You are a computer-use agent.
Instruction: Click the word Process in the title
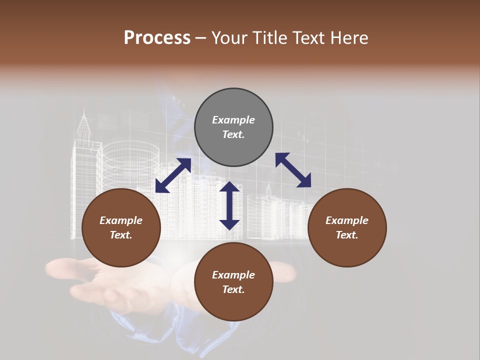click(157, 38)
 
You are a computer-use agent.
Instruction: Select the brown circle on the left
click(121, 227)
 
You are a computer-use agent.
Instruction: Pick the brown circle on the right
click(347, 227)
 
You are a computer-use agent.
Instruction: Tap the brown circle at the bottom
click(233, 282)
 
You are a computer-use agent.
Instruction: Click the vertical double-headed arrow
click(229, 206)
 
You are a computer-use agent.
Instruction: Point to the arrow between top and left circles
click(173, 175)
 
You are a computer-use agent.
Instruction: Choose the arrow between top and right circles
click(293, 170)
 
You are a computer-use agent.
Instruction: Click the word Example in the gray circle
click(233, 120)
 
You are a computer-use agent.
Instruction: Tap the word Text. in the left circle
click(121, 235)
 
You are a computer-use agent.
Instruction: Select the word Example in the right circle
click(347, 220)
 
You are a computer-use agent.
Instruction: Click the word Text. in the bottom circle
click(233, 289)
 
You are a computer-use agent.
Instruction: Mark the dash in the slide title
click(201, 38)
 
